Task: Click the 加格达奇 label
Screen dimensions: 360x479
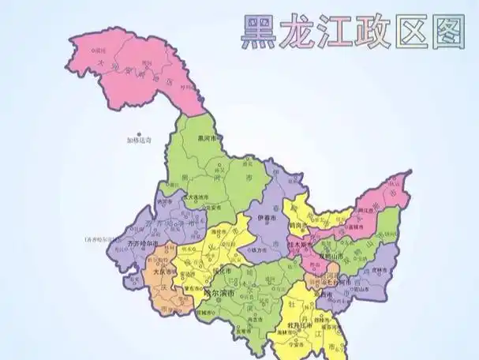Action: point(139,141)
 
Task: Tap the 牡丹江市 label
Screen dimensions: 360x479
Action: point(288,325)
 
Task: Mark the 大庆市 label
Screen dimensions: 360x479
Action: point(161,272)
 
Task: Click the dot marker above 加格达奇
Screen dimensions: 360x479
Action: point(139,134)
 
